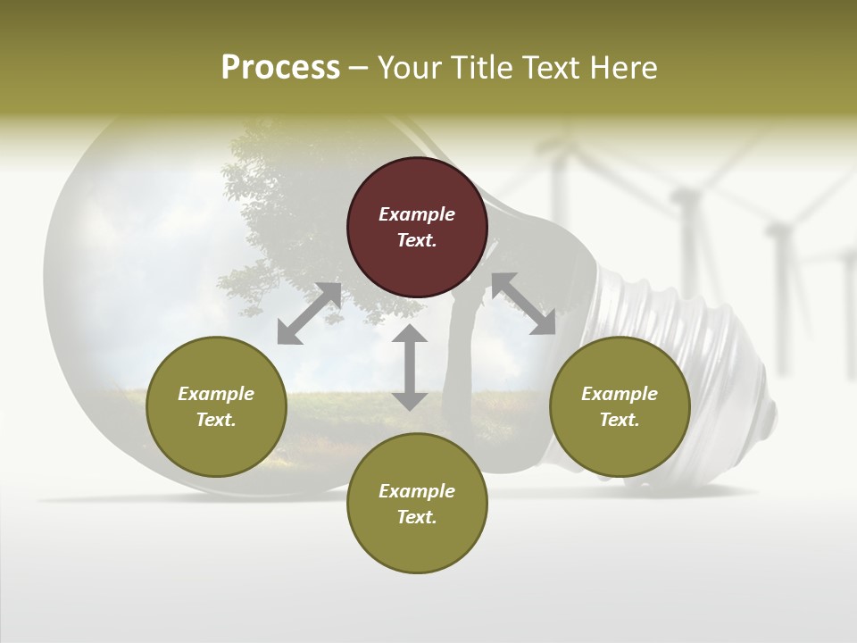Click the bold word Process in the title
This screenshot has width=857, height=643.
[280, 68]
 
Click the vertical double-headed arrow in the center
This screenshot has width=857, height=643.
[410, 367]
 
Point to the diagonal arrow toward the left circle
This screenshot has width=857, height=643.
[309, 313]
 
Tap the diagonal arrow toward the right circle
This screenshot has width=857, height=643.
[523, 304]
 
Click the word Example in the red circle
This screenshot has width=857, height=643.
[417, 214]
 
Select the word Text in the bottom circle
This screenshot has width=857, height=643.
[417, 517]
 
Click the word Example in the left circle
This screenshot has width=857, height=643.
[216, 394]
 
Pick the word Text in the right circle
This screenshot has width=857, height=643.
[620, 420]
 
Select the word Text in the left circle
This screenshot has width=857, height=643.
[216, 420]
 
